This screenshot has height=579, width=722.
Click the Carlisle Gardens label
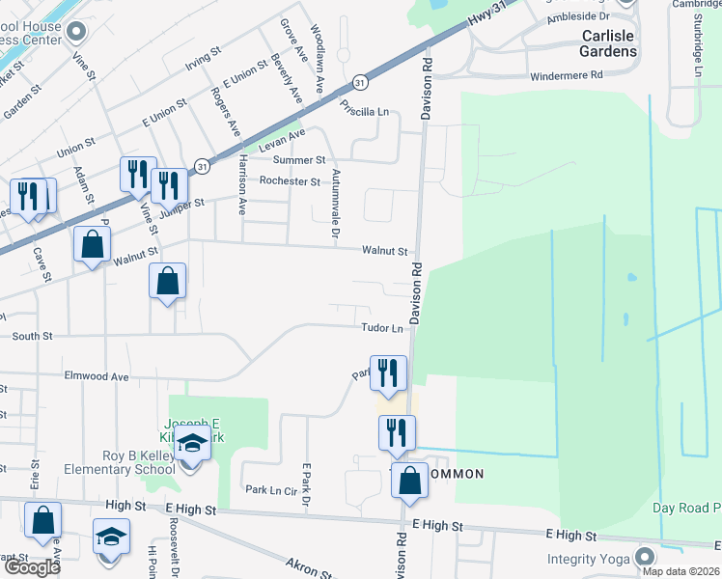(608, 43)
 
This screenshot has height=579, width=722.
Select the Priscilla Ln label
(364, 112)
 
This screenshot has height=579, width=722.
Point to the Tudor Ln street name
(382, 328)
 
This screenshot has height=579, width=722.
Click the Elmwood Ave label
(96, 376)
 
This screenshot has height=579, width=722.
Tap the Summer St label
(299, 160)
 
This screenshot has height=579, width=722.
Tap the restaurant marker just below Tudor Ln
(389, 372)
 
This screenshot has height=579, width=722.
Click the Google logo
(32, 566)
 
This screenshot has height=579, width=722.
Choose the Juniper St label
(187, 205)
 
